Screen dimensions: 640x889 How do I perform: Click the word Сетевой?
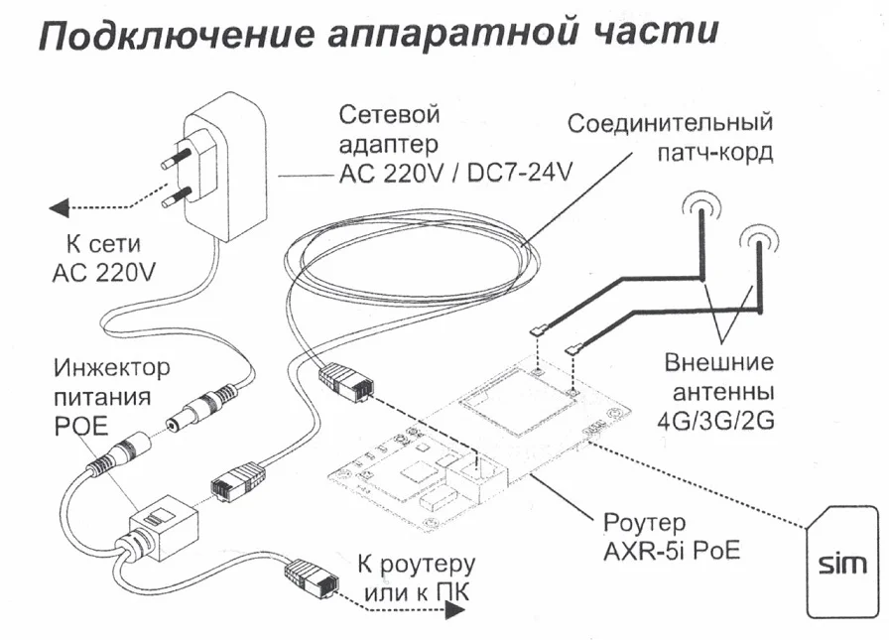(x=388, y=115)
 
